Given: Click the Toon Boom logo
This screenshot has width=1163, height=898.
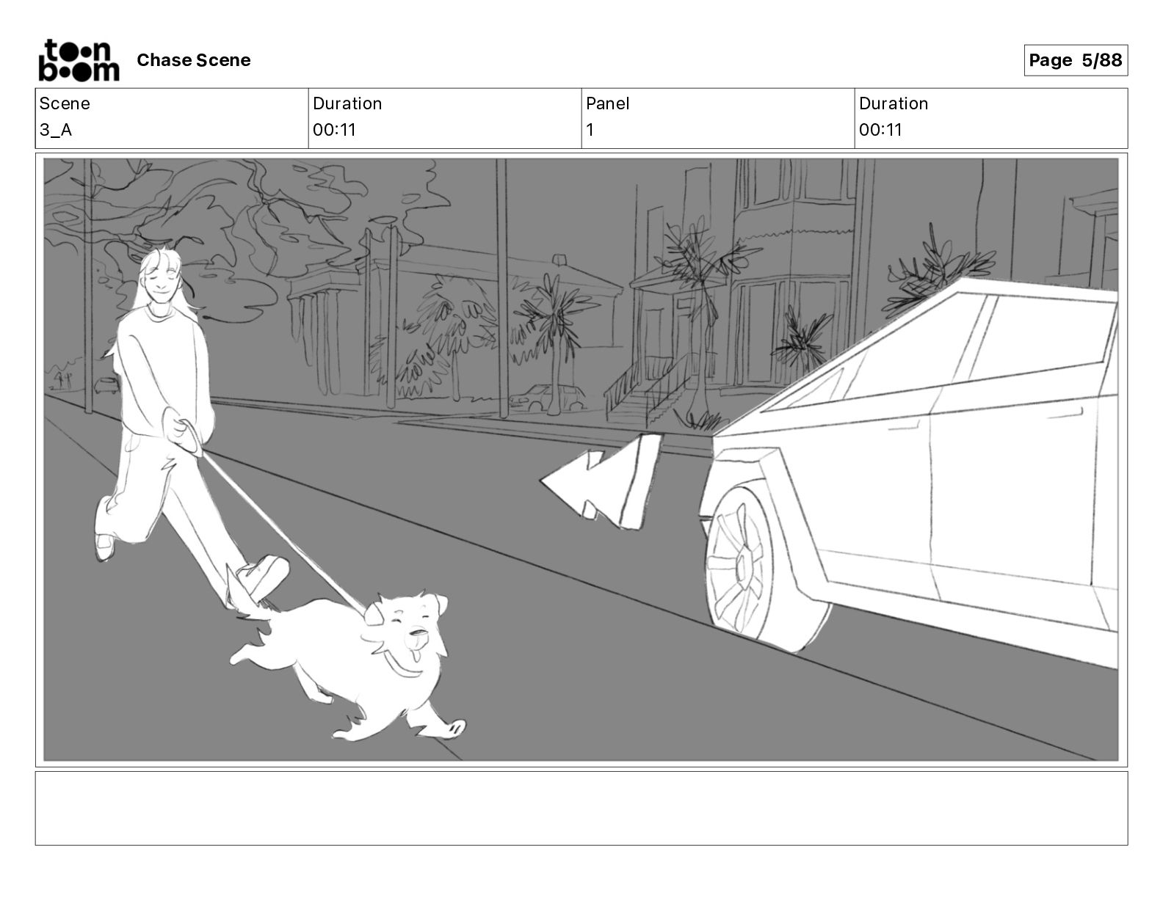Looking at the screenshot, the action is tap(79, 60).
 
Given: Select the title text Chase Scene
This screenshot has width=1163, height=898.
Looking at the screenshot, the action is tap(193, 60).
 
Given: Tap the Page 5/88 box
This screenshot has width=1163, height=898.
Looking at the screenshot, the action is tap(1075, 60).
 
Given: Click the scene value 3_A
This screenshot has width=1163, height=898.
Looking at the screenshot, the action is tap(56, 129).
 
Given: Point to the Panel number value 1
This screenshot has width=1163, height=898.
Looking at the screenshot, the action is tap(590, 129).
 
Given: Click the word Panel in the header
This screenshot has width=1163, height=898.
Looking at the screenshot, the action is tap(607, 103).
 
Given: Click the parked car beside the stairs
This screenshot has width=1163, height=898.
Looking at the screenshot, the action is tap(546, 398).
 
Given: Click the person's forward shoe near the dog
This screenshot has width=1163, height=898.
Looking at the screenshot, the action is tap(262, 575).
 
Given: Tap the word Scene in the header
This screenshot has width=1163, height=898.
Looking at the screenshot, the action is tap(64, 103).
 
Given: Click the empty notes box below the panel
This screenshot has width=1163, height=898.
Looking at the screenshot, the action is tap(581, 808).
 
